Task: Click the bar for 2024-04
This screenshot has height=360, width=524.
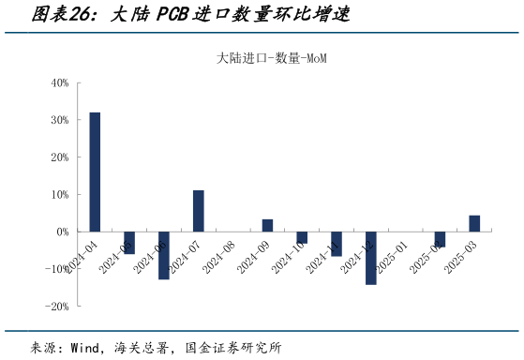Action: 95,172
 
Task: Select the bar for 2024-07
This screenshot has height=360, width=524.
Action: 199,211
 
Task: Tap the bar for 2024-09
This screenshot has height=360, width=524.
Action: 267,225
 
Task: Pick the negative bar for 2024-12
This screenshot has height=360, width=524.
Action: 371,258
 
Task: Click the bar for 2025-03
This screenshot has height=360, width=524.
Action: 474,223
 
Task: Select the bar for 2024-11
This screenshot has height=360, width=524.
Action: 337,244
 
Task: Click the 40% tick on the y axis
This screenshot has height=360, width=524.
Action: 59,82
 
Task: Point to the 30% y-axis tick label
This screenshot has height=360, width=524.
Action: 59,120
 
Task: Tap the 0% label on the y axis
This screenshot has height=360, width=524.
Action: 62,232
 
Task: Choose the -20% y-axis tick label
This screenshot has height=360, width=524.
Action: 56,307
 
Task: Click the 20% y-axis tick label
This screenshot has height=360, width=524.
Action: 59,157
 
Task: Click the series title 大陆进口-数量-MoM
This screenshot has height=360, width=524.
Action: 271,58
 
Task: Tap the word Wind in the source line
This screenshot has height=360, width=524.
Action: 86,348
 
